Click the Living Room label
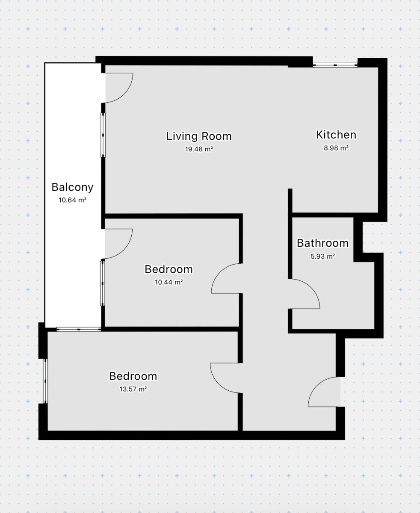point(199,136)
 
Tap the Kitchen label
point(336,135)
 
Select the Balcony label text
point(73,187)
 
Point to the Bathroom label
point(322,243)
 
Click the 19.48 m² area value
point(199,149)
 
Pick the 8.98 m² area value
point(336,148)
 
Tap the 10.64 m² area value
point(73,200)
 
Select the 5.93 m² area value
point(322,256)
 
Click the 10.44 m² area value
point(169,282)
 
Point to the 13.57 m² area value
point(133,389)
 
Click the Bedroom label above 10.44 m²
point(169,269)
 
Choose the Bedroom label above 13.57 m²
point(133,376)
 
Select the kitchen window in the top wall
point(335,65)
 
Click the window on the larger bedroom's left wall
point(45,381)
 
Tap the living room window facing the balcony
point(103,135)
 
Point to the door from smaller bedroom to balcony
point(124,249)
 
